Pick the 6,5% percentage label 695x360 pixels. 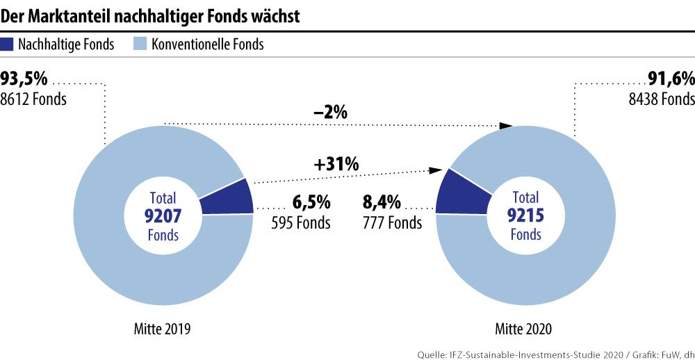(311, 203)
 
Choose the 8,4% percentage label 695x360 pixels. (382, 203)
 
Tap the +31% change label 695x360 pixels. (336, 165)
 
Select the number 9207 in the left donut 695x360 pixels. (162, 216)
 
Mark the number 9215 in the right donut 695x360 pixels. (525, 216)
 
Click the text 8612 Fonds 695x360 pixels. (33, 99)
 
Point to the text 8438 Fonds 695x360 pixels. (661, 99)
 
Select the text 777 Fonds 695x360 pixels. (392, 223)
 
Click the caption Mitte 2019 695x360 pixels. (162, 327)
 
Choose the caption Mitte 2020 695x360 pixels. (525, 327)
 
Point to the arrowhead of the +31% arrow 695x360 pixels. (439, 170)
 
